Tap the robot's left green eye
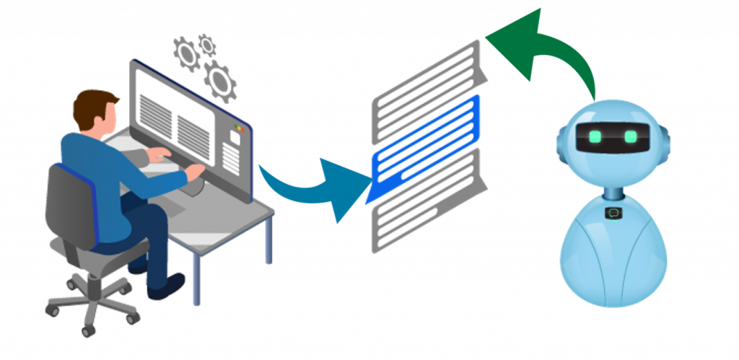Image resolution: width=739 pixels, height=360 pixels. pyautogui.click(x=595, y=136)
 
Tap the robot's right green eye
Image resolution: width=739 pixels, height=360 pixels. pyautogui.click(x=631, y=136)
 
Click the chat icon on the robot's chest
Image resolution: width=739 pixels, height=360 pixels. pyautogui.click(x=613, y=213)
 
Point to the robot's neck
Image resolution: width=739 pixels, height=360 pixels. pyautogui.click(x=613, y=193)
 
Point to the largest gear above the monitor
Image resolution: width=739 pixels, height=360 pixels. pyautogui.click(x=219, y=81)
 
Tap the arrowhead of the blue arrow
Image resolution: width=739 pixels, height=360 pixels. pyautogui.click(x=346, y=189)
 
